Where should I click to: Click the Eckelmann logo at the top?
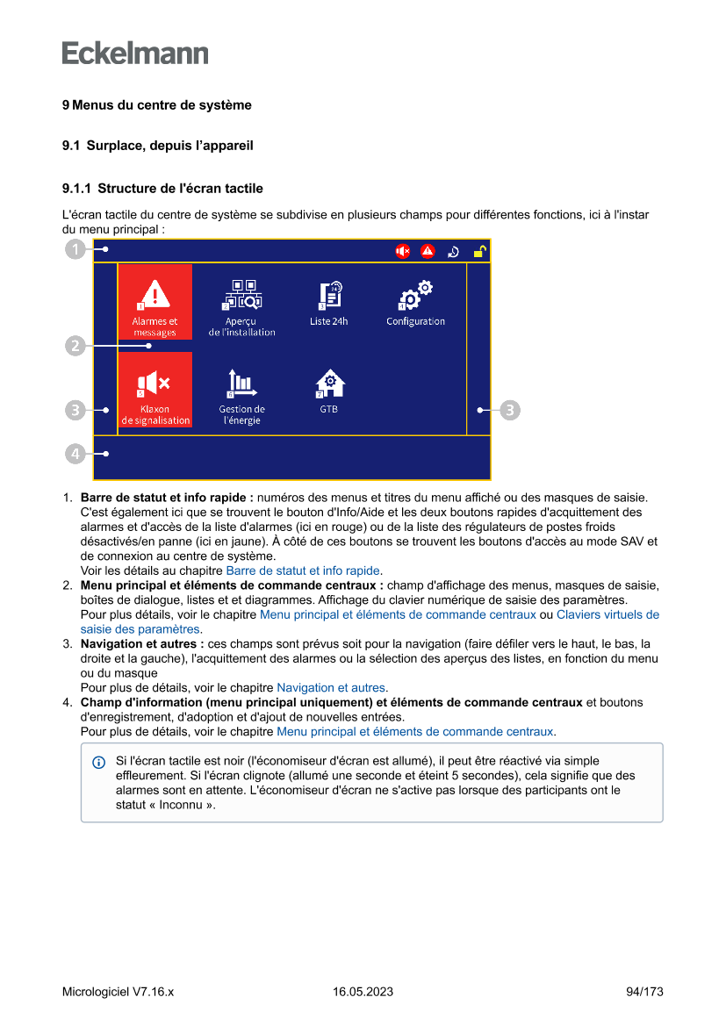135,54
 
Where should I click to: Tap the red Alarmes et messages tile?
155,302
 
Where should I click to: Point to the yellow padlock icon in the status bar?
479,252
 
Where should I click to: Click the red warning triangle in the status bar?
428,252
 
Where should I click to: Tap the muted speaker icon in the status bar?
402,252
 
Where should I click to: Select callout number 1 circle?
75,250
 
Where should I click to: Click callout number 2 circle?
75,346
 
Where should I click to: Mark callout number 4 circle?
75,454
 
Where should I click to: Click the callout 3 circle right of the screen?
511,409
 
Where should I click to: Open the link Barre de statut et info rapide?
304,570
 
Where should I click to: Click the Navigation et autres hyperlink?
331,688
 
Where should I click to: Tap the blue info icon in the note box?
98,762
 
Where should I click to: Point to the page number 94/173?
644,992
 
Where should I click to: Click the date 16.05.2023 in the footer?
363,992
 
